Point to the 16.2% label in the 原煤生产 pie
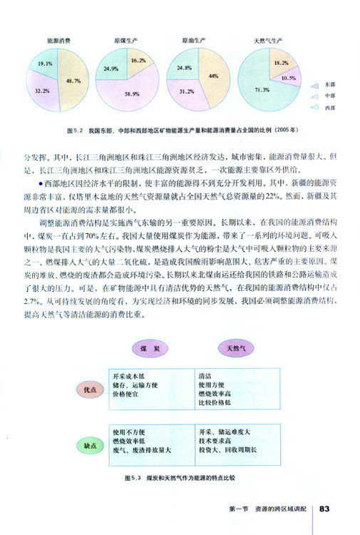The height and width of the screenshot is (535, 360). pos(138,62)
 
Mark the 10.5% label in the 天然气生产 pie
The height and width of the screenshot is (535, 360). pos(289,78)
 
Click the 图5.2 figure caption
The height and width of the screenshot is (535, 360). pos(180,131)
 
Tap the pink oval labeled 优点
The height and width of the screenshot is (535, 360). pos(91,391)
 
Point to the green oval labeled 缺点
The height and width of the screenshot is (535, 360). pos(91,446)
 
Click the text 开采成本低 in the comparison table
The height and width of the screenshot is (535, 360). pos(131,376)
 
